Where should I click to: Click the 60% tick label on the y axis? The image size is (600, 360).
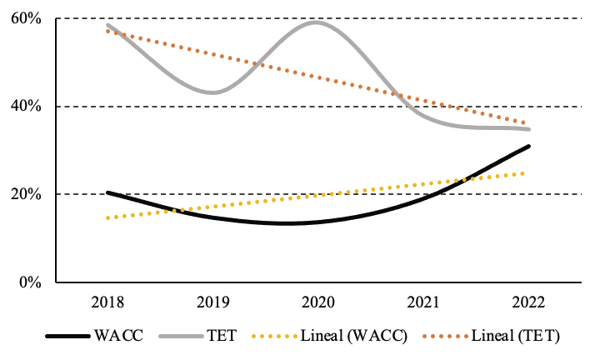(24, 18)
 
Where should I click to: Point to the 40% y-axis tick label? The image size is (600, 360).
(24, 106)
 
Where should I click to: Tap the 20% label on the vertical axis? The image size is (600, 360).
(24, 194)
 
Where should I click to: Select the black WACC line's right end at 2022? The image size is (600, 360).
(528, 146)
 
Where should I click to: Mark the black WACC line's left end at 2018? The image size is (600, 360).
(107, 192)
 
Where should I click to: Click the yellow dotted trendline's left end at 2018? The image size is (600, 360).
(107, 218)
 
